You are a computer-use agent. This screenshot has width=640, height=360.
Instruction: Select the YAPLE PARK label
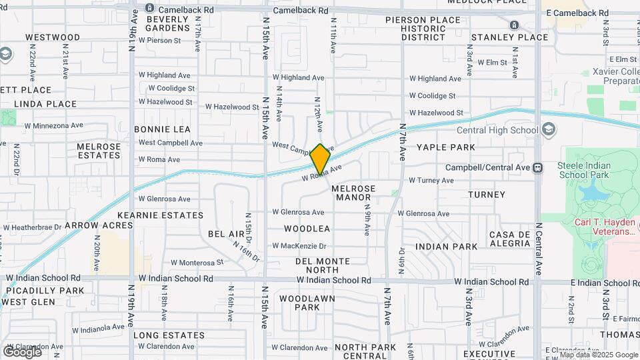tap(446, 147)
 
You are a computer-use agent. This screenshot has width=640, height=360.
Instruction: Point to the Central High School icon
tap(549, 129)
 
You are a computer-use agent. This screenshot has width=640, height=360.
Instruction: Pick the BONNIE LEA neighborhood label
tap(162, 129)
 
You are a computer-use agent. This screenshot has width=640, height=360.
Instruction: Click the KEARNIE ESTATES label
tap(160, 215)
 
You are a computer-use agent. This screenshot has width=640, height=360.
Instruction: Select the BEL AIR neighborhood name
tap(227, 234)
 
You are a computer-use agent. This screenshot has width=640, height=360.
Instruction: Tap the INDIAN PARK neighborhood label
tap(446, 246)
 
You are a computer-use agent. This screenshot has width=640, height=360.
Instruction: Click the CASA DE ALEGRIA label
tap(509, 239)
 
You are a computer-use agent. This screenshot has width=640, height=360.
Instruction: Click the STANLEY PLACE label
tap(509, 37)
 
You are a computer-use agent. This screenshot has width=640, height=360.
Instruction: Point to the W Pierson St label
tap(159, 41)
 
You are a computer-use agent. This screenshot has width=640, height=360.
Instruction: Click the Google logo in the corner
tap(21, 351)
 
